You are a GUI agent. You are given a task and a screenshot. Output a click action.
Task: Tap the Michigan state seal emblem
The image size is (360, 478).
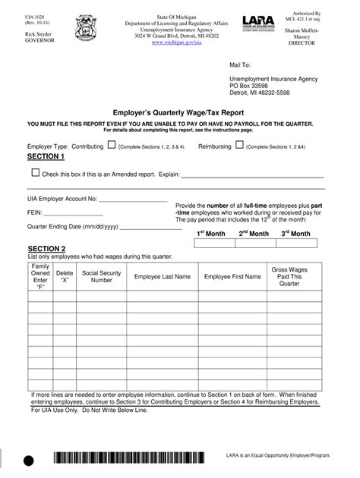point(84,31)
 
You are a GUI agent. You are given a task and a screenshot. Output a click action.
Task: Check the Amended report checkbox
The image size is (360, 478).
point(36,173)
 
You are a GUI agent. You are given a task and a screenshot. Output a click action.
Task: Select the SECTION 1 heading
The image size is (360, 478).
point(46,156)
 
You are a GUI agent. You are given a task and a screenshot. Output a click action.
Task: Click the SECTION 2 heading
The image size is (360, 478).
point(46,248)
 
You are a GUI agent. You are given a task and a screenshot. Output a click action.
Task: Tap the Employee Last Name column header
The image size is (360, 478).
point(163,277)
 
